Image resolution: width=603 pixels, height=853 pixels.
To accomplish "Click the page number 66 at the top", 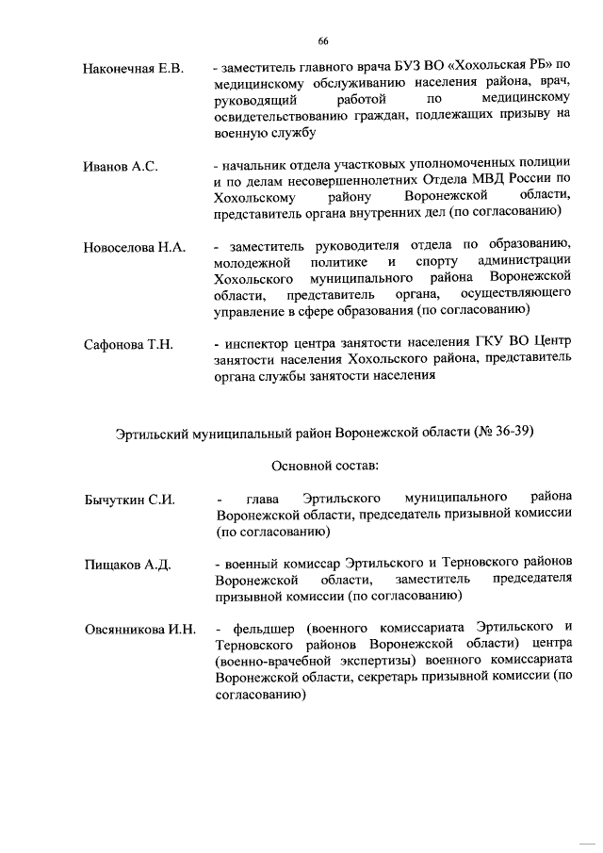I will click(322, 40).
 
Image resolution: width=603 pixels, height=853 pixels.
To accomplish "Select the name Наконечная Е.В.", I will click(132, 68).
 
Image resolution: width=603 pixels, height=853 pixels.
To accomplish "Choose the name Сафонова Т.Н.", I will click(128, 345).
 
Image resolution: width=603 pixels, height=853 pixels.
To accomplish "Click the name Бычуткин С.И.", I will click(130, 499).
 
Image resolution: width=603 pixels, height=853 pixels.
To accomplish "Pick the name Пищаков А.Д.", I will click(126, 565).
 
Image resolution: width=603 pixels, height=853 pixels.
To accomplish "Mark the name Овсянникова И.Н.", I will click(139, 630).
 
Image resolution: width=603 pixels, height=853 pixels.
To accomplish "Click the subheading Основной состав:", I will click(324, 465).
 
